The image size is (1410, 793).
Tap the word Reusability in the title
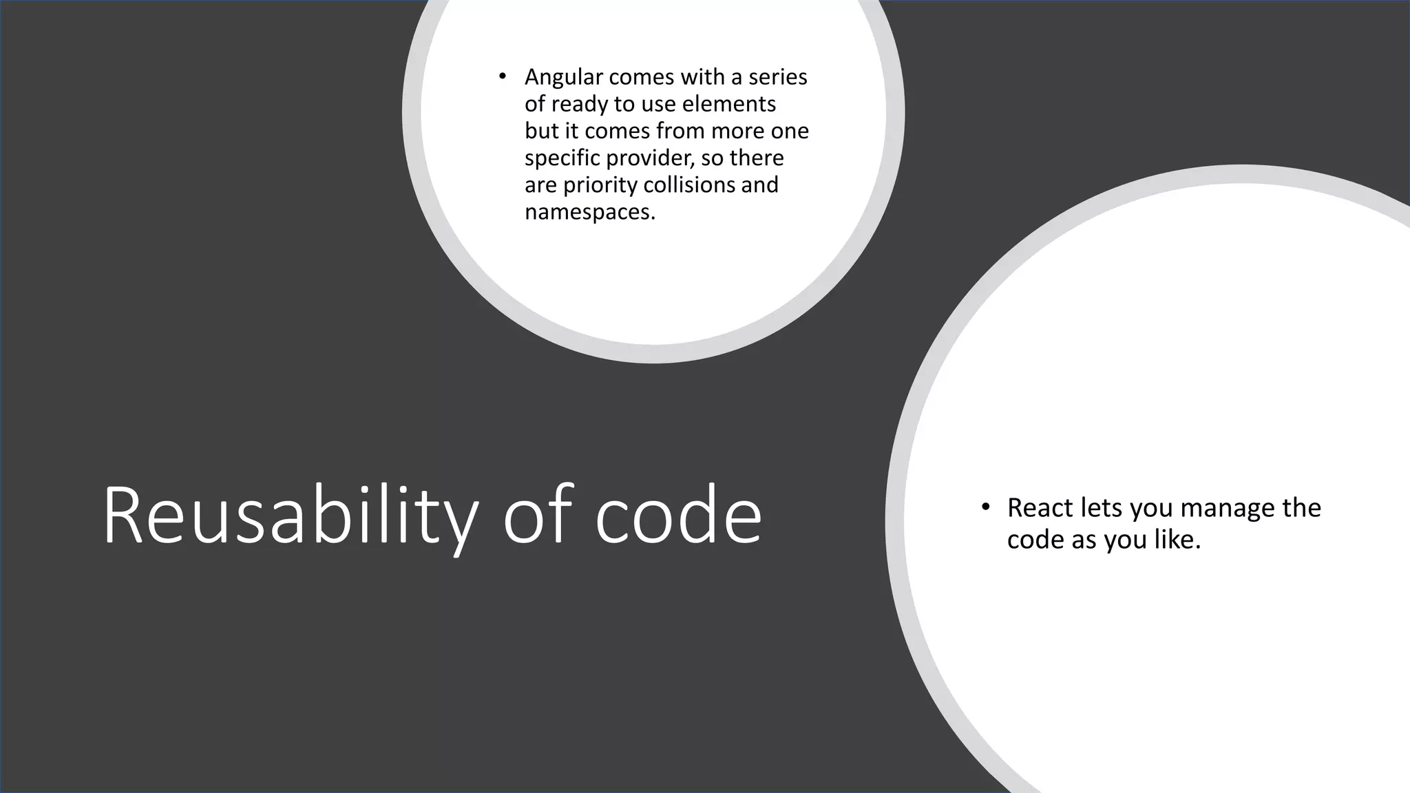point(290,516)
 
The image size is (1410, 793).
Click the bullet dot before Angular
point(503,76)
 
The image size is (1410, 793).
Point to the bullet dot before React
point(985,507)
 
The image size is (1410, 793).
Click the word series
point(778,77)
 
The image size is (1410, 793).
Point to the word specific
point(562,158)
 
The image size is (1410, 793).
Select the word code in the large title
point(677,516)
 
